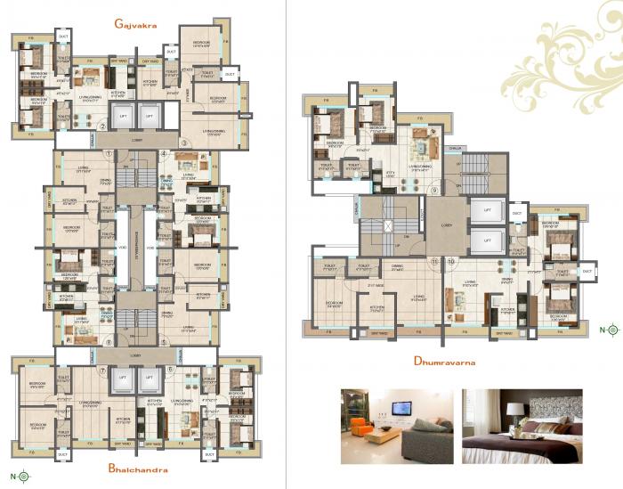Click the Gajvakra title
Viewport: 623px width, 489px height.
(135, 26)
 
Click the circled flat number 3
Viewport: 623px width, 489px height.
(185, 143)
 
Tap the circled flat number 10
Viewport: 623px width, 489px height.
(451, 261)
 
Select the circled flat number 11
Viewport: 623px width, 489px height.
(434, 261)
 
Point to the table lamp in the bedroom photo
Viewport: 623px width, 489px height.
(515, 412)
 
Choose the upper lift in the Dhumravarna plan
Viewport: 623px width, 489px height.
(486, 212)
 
